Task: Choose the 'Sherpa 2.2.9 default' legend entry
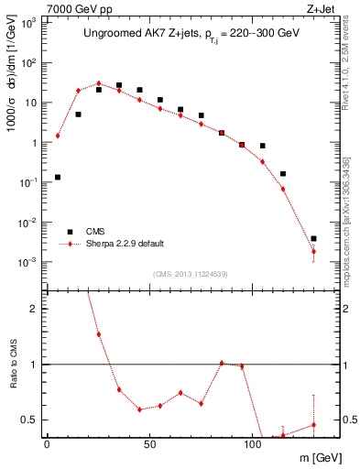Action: point(125,244)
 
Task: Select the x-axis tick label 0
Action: point(47,443)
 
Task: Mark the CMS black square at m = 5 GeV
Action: point(58,177)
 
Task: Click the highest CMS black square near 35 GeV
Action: point(119,85)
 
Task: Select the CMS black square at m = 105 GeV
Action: point(262,146)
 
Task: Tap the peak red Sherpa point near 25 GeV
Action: point(99,83)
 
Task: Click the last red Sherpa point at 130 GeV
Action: point(313,251)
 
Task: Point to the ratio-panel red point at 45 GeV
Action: point(139,409)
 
